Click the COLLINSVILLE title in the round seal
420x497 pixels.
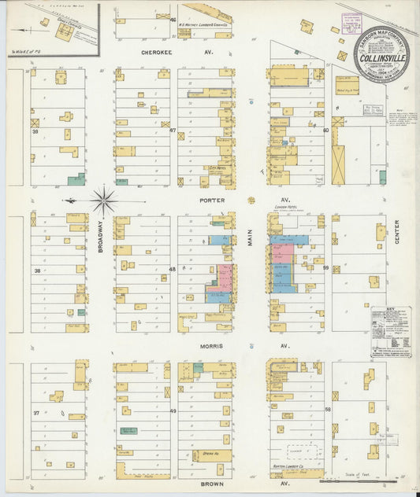(381, 57)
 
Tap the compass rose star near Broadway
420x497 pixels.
(104, 201)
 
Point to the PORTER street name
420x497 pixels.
(212, 200)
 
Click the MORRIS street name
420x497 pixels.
(210, 346)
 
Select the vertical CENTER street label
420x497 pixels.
(397, 232)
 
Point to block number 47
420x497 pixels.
(173, 131)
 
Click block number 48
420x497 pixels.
(173, 269)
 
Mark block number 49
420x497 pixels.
(173, 411)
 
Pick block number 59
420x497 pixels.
(324, 268)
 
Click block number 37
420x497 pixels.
(36, 412)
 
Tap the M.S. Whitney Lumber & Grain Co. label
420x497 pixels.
(203, 24)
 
